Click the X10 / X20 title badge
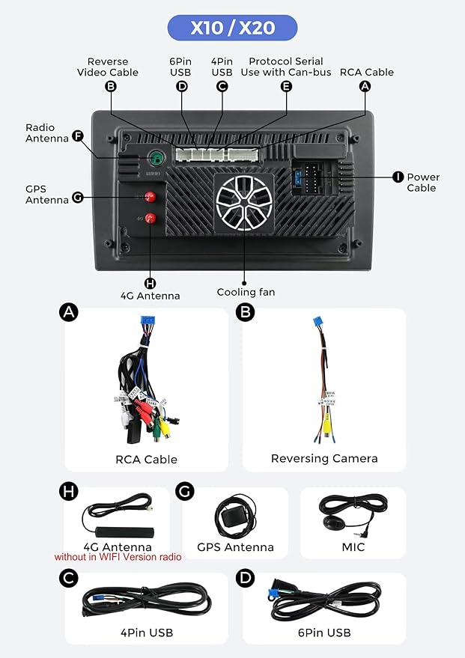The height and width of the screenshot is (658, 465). (232, 28)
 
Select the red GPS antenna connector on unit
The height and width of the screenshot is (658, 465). (150, 197)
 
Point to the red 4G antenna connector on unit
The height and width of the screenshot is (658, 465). (150, 219)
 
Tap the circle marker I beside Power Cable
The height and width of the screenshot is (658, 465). (398, 177)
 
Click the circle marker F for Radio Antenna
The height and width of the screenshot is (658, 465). (76, 135)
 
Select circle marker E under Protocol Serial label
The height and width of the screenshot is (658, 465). (285, 86)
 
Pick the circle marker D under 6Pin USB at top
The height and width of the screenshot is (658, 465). (181, 86)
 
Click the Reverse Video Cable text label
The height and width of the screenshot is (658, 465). (108, 67)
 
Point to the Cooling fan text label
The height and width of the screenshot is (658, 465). (246, 292)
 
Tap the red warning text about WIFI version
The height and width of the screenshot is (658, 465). (118, 557)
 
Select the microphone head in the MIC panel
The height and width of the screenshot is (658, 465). (329, 522)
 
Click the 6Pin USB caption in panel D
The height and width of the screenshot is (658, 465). (324, 633)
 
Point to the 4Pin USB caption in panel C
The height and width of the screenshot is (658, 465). (147, 633)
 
